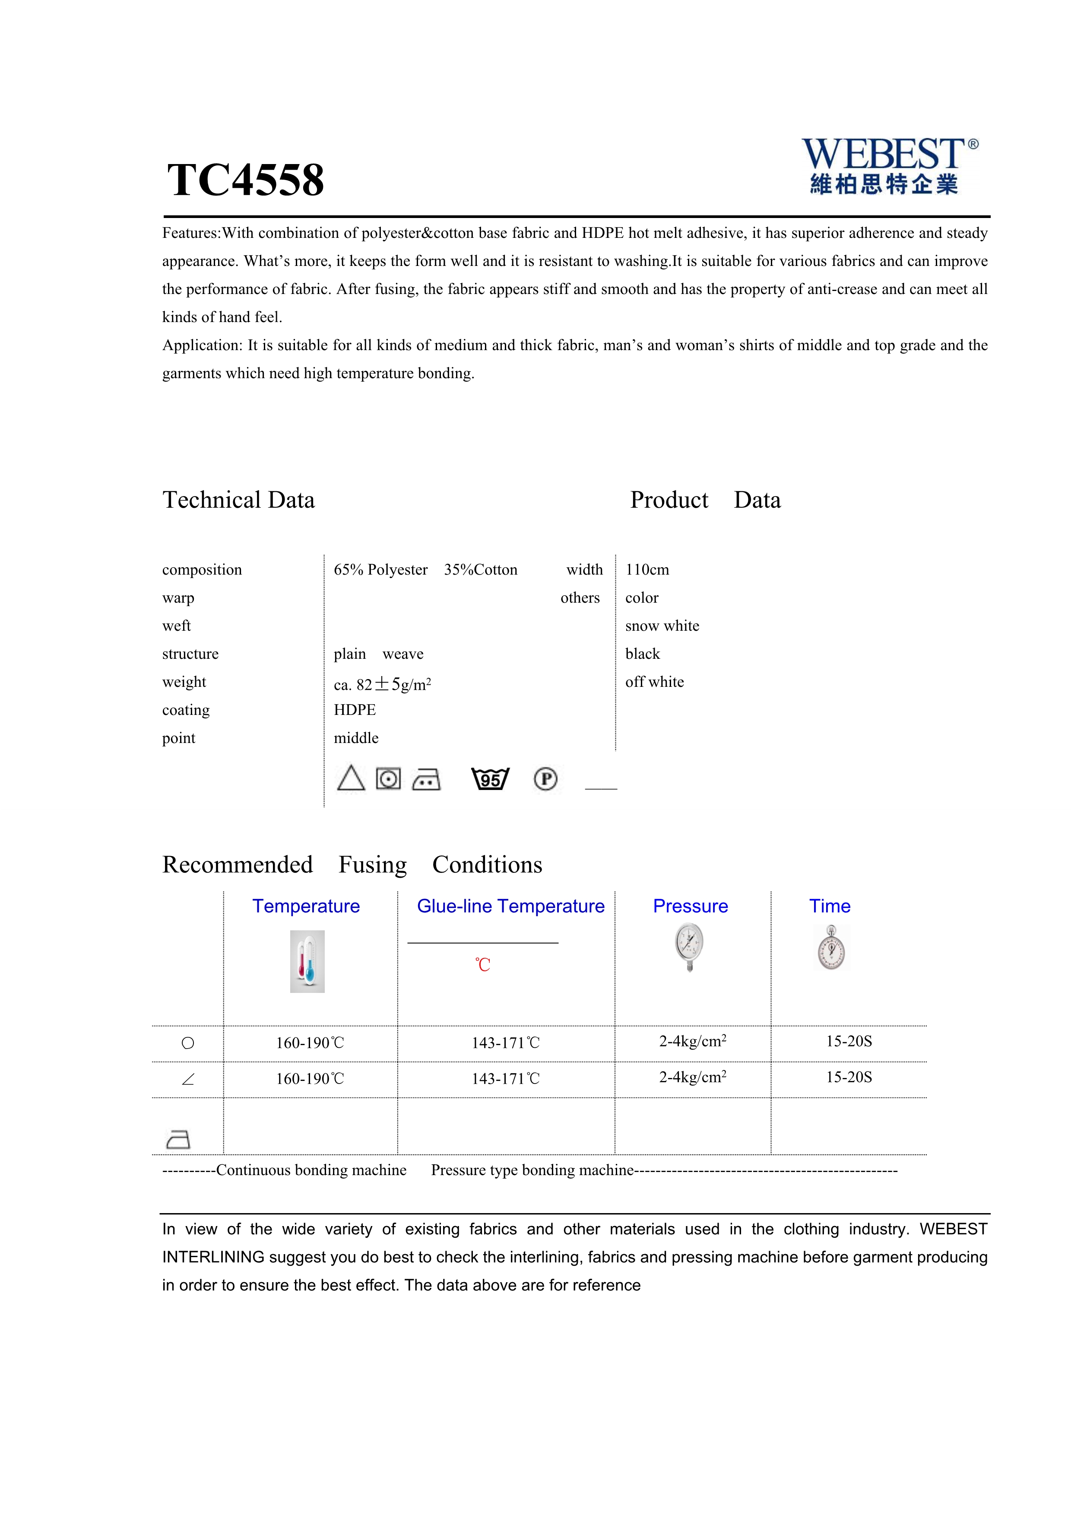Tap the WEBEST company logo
889,165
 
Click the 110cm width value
647,570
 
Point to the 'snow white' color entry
662,626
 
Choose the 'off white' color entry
654,682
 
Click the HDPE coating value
355,710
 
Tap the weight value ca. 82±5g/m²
383,684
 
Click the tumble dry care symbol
388,779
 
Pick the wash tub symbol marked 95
490,779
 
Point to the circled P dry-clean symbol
545,779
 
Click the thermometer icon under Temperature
307,961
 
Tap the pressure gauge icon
689,947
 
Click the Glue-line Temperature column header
510,906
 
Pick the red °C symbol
483,965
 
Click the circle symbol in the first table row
188,1043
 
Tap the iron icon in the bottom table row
178,1139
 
